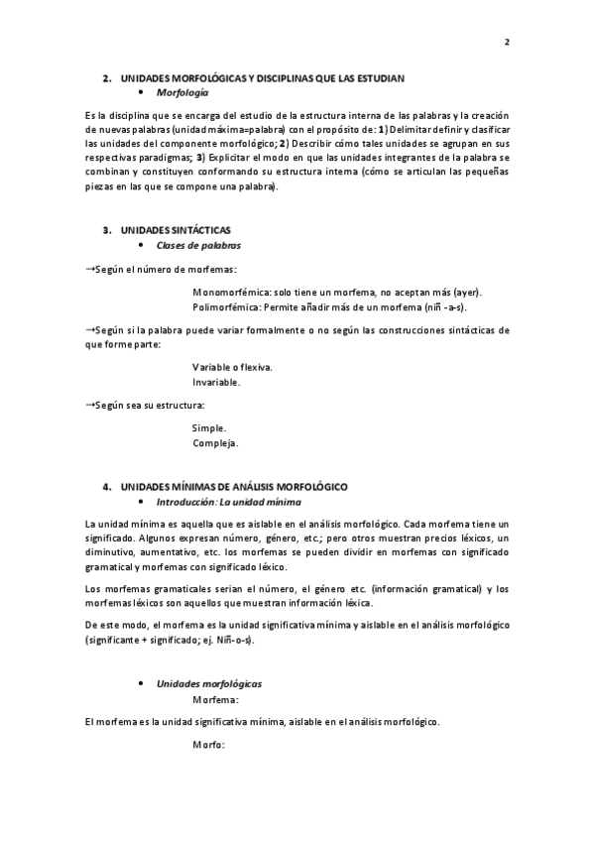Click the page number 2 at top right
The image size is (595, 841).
(507, 42)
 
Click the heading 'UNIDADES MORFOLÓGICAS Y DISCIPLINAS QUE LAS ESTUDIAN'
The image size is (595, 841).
(263, 77)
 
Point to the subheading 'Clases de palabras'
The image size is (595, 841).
(198, 245)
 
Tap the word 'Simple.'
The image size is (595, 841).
(209, 427)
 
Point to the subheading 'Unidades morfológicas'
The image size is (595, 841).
(209, 684)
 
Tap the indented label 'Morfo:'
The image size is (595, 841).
(209, 745)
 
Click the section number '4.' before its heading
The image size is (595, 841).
(108, 488)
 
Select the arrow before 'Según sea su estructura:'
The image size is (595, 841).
(90, 405)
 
